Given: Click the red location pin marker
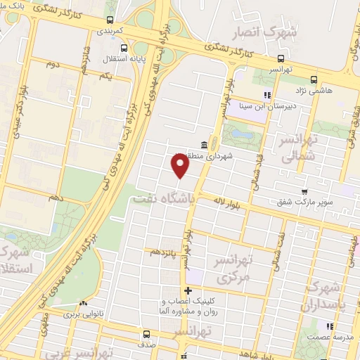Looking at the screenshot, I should [181, 166].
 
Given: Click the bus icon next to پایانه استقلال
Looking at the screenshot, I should [124, 48].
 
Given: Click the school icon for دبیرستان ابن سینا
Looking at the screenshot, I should [266, 95].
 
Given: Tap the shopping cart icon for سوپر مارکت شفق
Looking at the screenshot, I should [304, 191].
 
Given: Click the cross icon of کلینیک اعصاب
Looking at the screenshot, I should [187, 290].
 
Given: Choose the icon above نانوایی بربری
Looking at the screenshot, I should [84, 304].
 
